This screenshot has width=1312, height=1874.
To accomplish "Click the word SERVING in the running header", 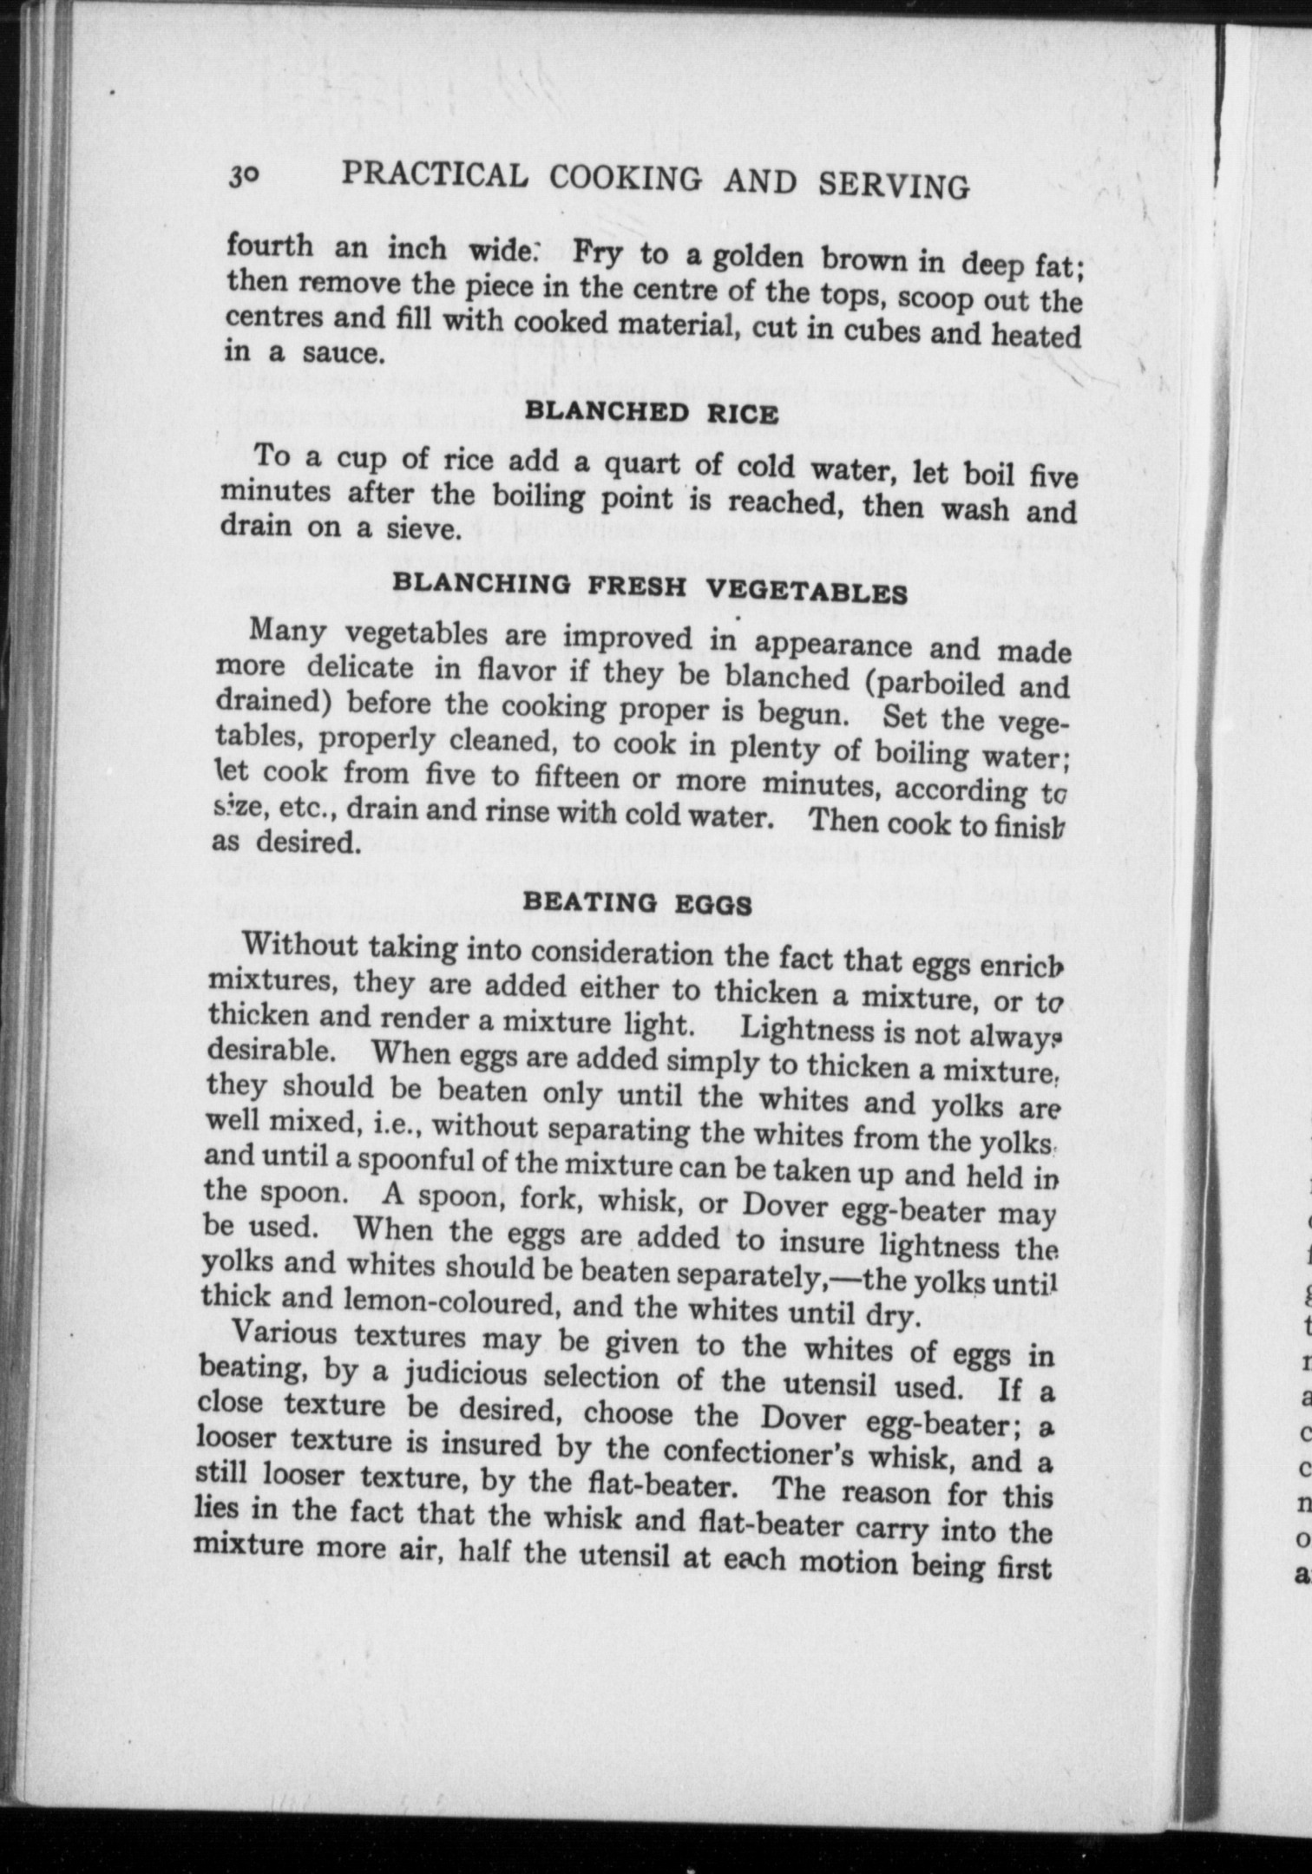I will tap(893, 184).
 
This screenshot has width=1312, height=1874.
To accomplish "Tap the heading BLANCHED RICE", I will tap(652, 411).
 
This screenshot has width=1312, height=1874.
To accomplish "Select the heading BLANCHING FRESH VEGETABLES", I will tap(650, 588).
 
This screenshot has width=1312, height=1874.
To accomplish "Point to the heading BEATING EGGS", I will tap(638, 903).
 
